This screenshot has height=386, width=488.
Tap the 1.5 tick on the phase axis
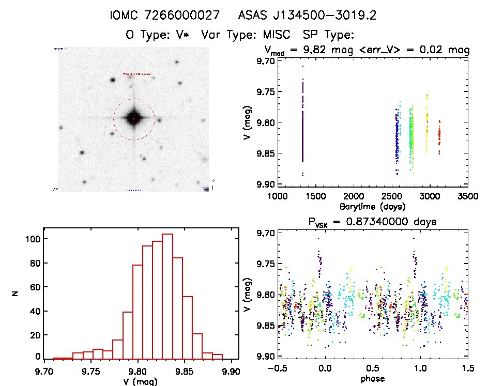click(x=467, y=369)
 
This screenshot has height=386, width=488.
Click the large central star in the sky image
click(x=133, y=118)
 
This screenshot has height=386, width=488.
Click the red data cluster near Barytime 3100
click(x=439, y=137)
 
